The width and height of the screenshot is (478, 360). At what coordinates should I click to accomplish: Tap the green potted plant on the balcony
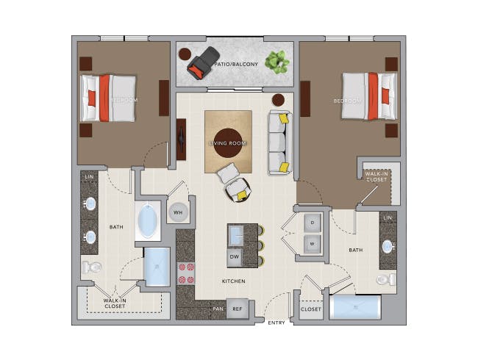click(277, 61)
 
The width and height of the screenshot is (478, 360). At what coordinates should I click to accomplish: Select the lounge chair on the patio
click(202, 63)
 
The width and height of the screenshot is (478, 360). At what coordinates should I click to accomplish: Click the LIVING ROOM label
click(228, 143)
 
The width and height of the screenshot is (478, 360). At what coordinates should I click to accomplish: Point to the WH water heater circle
click(178, 212)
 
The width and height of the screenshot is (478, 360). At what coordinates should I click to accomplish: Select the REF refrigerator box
click(237, 309)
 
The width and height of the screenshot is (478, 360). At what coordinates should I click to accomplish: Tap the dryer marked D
click(313, 222)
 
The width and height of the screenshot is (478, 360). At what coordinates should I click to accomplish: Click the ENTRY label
click(277, 323)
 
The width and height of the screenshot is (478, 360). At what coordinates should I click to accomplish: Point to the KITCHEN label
click(233, 281)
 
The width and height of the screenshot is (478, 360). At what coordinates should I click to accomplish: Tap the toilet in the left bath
click(91, 267)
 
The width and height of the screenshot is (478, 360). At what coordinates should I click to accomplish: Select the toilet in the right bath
click(385, 279)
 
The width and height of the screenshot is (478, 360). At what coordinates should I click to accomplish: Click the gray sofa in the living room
click(279, 143)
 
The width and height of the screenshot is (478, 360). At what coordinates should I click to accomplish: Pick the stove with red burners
click(186, 273)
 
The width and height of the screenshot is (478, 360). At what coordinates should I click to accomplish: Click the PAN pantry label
click(218, 309)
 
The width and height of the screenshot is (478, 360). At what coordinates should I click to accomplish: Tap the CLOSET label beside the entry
click(310, 309)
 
